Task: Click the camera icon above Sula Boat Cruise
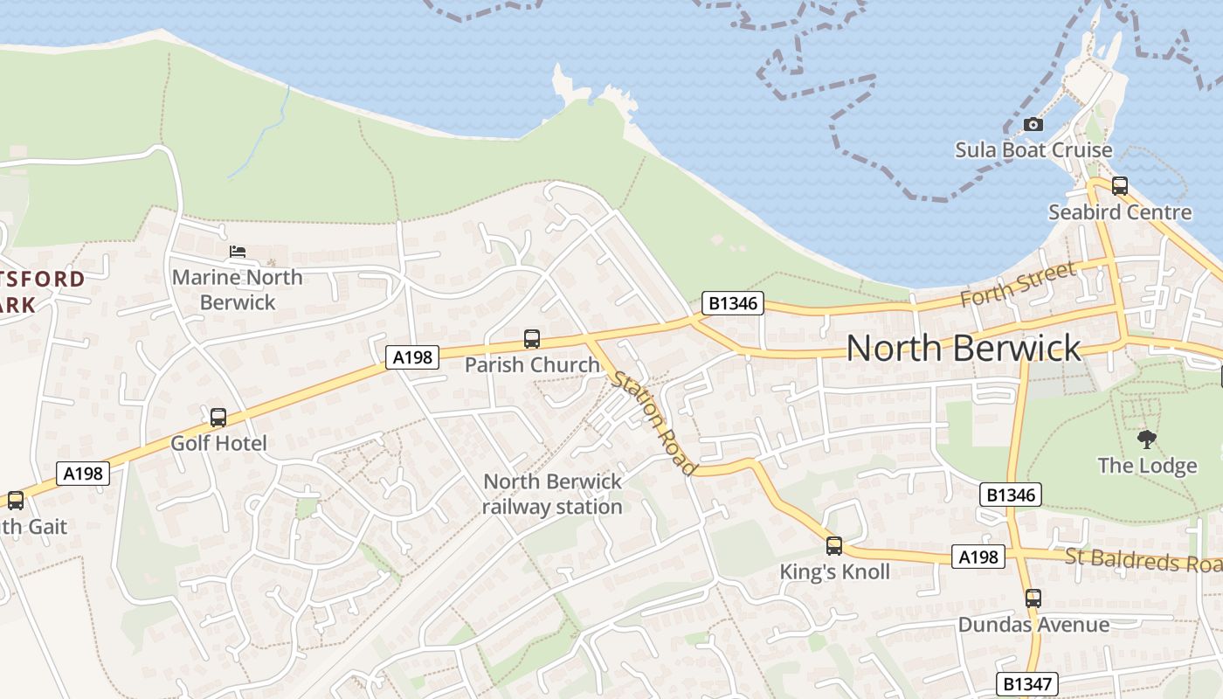[1033, 124]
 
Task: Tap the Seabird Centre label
[1119, 212]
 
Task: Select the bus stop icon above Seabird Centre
[1119, 185]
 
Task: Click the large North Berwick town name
[964, 348]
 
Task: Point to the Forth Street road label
[1017, 284]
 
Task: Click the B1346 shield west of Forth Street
[733, 303]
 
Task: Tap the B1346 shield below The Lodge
[1011, 495]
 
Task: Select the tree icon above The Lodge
[1146, 439]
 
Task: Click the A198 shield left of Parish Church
[412, 356]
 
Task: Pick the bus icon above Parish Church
[531, 339]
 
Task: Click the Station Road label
[654, 423]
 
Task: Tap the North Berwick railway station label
[552, 494]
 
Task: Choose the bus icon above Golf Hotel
[218, 418]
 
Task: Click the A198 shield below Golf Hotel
[84, 474]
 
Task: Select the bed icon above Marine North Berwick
[237, 252]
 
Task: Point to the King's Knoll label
[834, 571]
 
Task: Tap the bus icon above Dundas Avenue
[1033, 599]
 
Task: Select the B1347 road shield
[1027, 683]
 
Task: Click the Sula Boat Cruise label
[1033, 149]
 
